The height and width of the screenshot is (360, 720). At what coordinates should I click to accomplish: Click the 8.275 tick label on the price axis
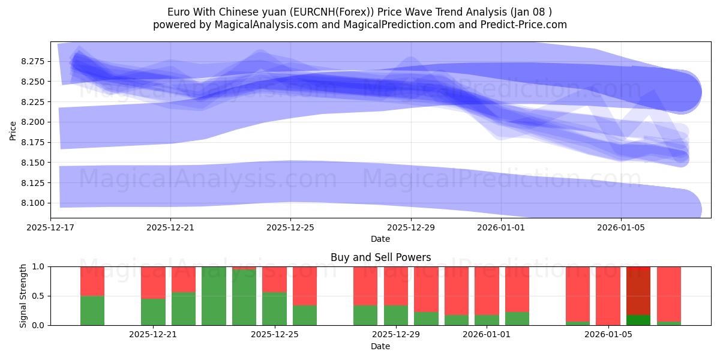[x=32, y=61]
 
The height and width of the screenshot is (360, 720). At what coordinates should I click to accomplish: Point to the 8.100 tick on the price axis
[x=32, y=203]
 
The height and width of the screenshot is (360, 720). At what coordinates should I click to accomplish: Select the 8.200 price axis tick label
[x=32, y=122]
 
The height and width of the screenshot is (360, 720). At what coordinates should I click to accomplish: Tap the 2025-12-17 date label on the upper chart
[x=50, y=227]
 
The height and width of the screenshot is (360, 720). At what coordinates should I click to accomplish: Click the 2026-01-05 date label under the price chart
[x=620, y=227]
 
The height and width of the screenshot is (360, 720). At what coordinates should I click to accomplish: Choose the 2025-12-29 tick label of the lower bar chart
[x=395, y=334]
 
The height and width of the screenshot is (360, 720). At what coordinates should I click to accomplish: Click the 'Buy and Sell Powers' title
[x=380, y=257]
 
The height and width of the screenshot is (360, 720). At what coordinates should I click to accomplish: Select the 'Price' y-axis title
[x=13, y=130]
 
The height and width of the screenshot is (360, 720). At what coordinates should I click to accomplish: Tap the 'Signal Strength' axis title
[x=23, y=295]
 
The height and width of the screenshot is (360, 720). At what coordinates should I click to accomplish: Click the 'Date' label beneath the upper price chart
[x=380, y=239]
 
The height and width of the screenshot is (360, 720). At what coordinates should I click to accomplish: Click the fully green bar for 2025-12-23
[x=214, y=296]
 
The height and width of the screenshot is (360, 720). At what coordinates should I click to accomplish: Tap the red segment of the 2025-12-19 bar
[x=92, y=281]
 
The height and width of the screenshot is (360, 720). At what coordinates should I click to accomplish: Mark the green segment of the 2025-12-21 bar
[x=153, y=312]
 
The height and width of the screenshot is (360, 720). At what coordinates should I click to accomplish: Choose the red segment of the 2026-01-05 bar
[x=608, y=295]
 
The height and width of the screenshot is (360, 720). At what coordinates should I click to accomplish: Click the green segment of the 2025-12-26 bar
[x=305, y=316]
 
